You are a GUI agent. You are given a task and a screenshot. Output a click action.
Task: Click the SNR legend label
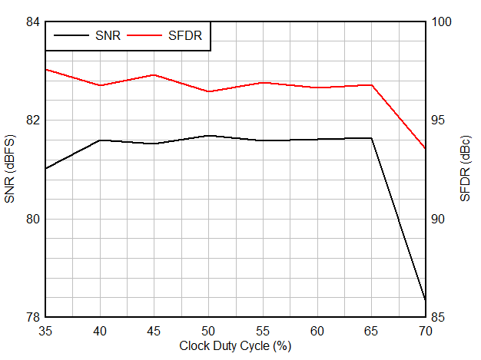pyautogui.click(x=108, y=35)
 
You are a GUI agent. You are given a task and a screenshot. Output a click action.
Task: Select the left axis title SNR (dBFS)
pyautogui.click(x=10, y=170)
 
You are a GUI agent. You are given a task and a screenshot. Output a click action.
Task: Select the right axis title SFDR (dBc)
pyautogui.click(x=466, y=170)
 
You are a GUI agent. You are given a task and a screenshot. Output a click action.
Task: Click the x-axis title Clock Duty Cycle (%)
pyautogui.click(x=235, y=346)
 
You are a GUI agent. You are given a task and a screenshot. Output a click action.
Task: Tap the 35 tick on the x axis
pyautogui.click(x=46, y=330)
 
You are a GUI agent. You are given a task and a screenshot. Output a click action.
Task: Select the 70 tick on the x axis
pyautogui.click(x=426, y=330)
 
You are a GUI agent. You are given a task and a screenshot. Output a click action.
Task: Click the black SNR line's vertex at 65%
pyautogui.click(x=372, y=138)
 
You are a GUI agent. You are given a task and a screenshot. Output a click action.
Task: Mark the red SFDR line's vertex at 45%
pyautogui.click(x=154, y=75)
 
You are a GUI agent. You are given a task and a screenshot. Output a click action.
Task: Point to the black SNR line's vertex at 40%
pyautogui.click(x=100, y=140)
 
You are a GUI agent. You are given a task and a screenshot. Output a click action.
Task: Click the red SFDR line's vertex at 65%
pyautogui.click(x=372, y=85)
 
